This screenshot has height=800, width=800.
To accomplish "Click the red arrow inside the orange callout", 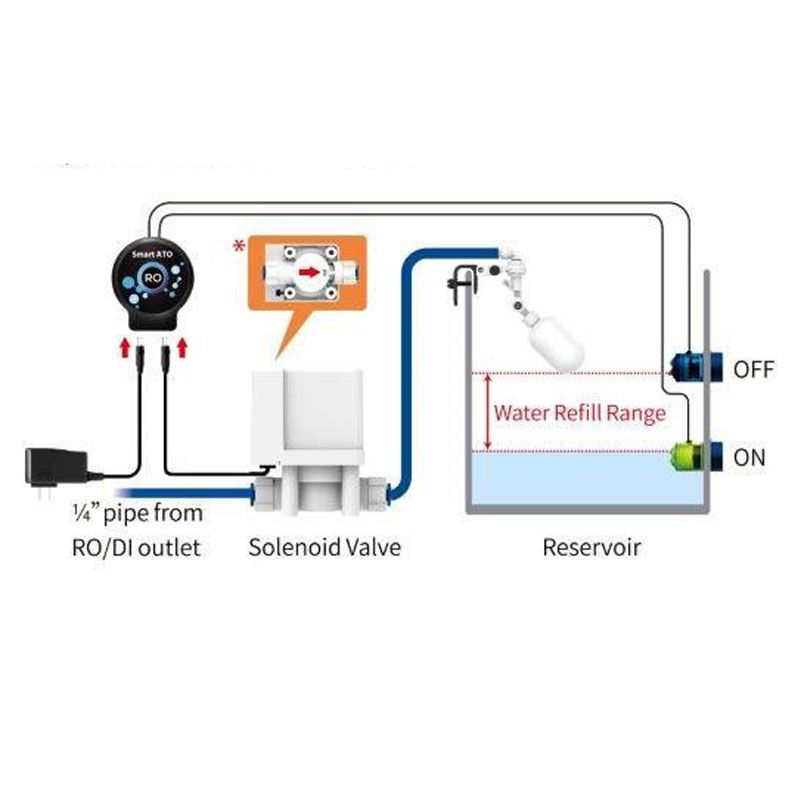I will click(312, 271).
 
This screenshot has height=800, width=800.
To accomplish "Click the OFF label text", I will click(755, 369).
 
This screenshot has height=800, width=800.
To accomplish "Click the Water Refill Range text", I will click(580, 411).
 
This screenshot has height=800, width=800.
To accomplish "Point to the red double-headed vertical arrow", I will click(487, 411).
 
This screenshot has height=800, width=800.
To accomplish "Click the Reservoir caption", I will click(591, 547).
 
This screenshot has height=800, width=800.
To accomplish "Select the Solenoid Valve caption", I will click(324, 547).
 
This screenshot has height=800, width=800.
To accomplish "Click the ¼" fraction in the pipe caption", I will click(82, 514).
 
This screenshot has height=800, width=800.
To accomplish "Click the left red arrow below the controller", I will click(123, 346).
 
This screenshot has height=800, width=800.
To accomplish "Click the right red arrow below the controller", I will click(183, 346).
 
